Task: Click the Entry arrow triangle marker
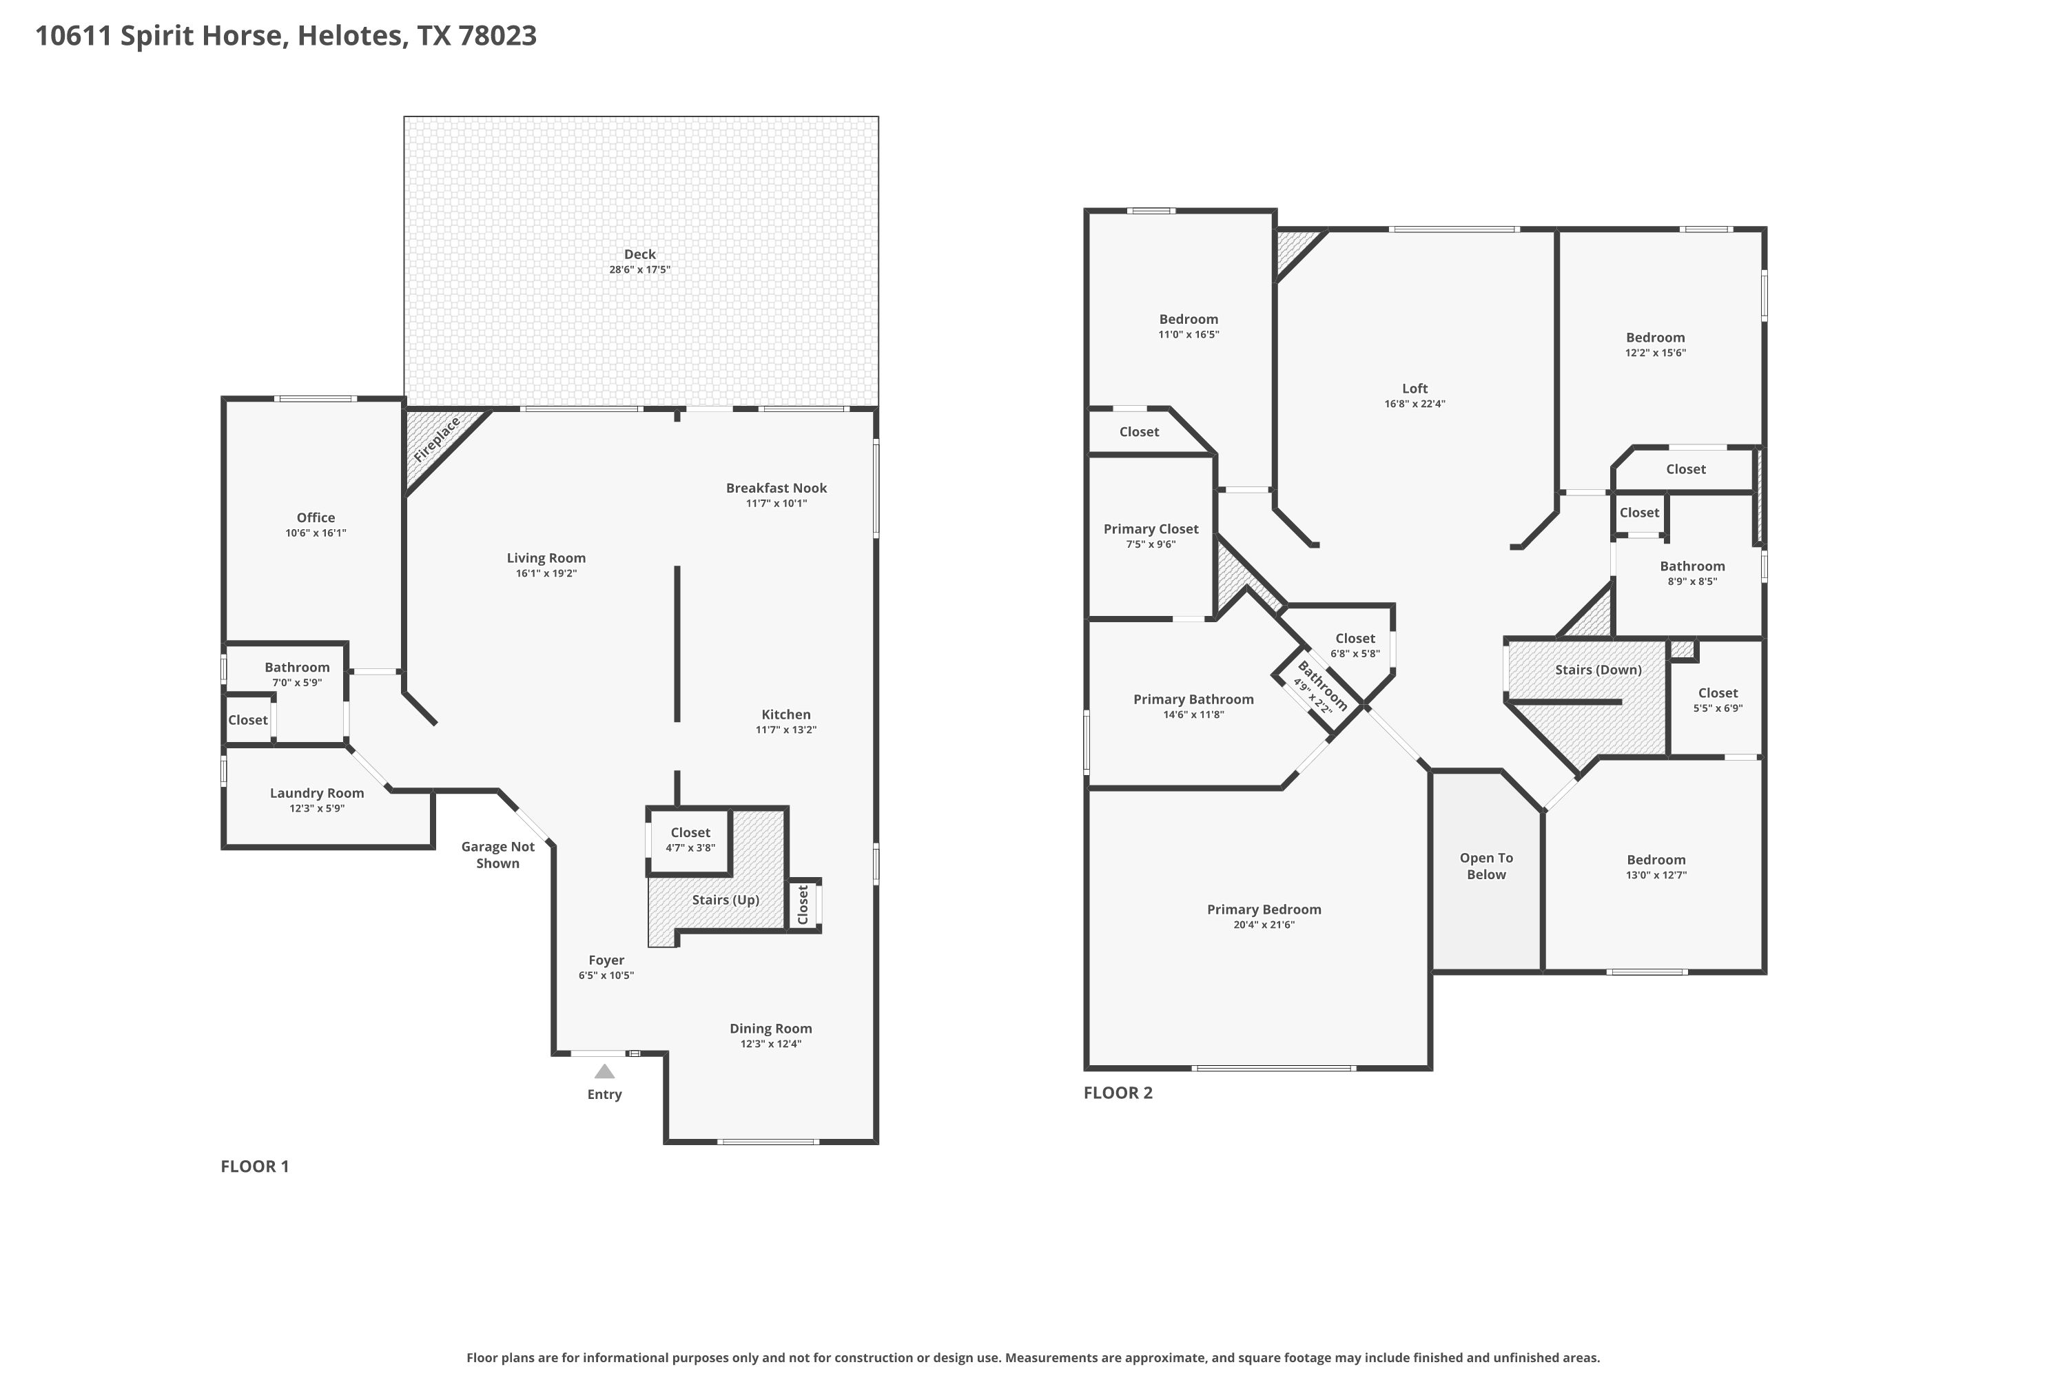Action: tap(605, 1071)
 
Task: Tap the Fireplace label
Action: tap(437, 440)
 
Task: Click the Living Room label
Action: tap(546, 558)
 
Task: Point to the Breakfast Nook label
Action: tap(776, 488)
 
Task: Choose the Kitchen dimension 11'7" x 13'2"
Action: tap(785, 730)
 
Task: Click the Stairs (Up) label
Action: tap(725, 900)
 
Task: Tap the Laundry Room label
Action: tap(316, 794)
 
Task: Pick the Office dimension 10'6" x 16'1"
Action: tap(316, 533)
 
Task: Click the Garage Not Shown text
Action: tap(497, 855)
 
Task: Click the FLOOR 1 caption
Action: tap(255, 1166)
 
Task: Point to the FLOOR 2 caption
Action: tap(1118, 1092)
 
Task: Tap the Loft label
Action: tap(1415, 389)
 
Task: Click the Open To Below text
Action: tap(1486, 865)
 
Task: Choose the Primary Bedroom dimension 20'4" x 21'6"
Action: tap(1264, 925)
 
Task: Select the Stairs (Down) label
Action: tap(1598, 670)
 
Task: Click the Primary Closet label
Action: tap(1151, 529)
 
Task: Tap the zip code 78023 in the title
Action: tap(497, 36)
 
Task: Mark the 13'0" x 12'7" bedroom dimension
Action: tap(1656, 875)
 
